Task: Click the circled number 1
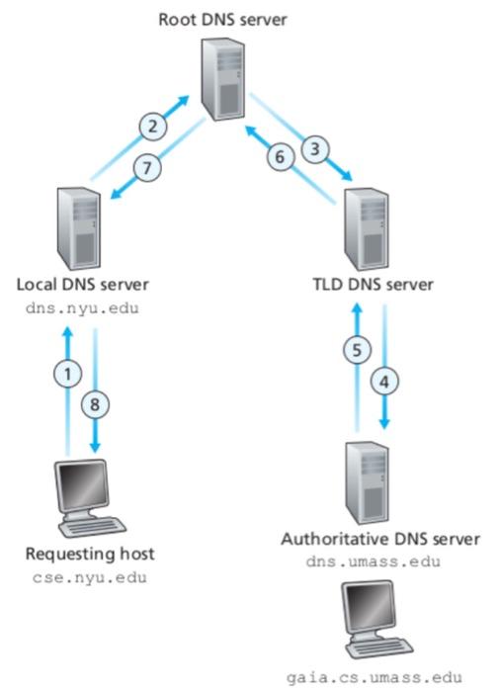(x=67, y=374)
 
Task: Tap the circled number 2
(x=151, y=127)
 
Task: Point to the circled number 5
(x=362, y=348)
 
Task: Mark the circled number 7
(x=146, y=168)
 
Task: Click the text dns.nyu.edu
(x=82, y=308)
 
